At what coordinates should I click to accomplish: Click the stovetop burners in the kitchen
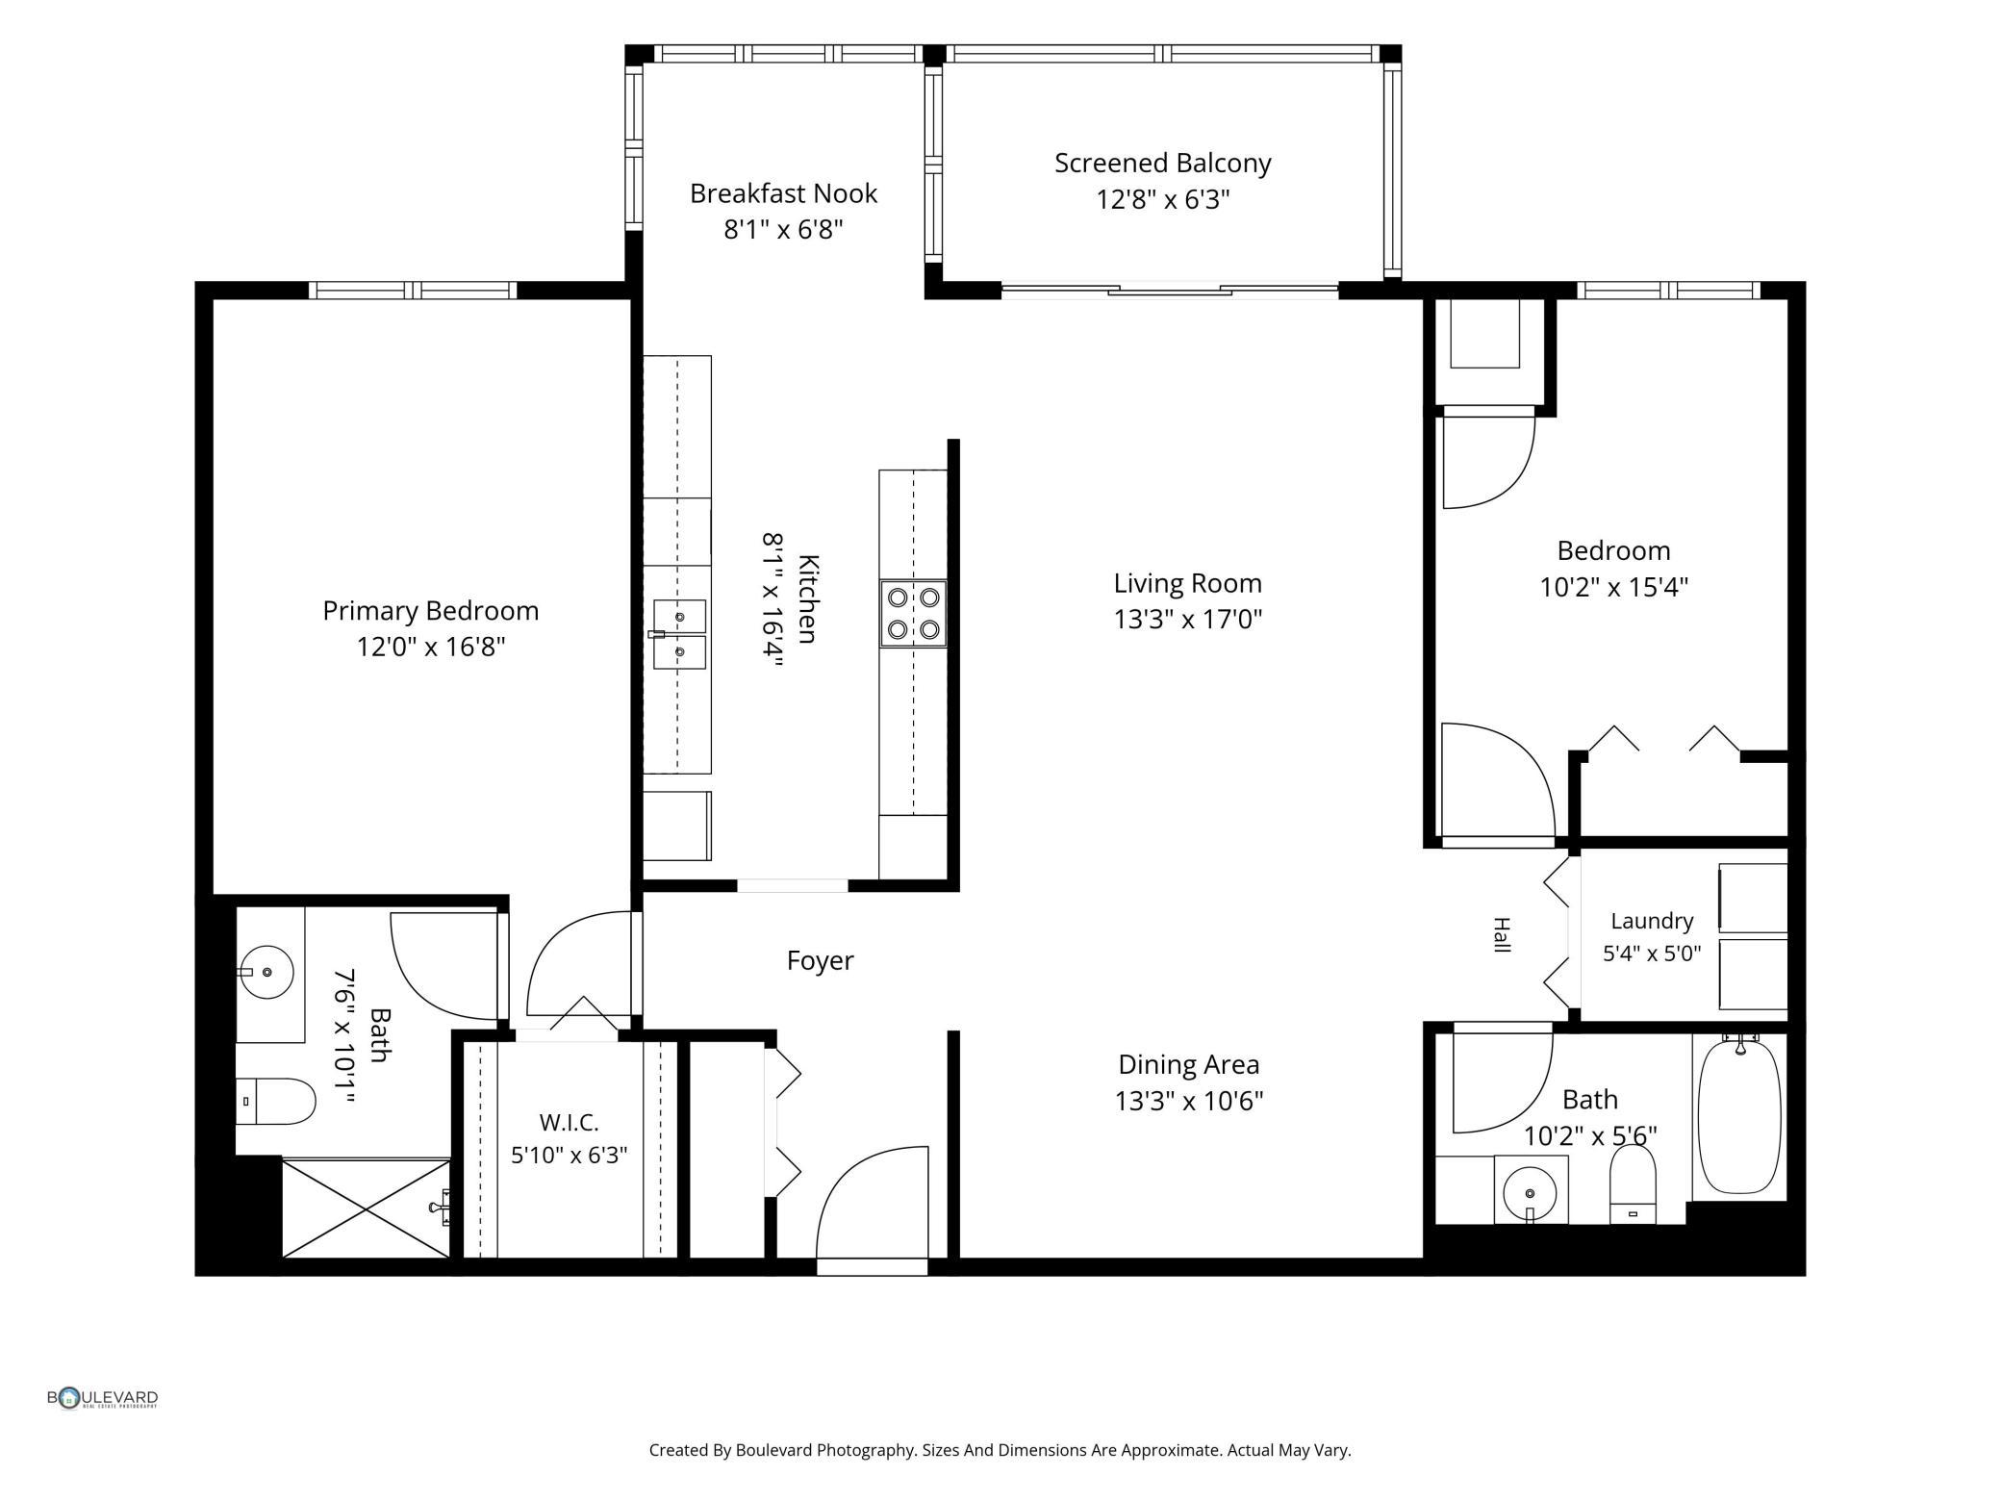tap(913, 613)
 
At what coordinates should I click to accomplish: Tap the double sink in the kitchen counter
tap(679, 634)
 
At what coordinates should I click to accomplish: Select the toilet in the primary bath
tap(276, 1101)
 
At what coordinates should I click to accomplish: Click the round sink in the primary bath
tap(266, 972)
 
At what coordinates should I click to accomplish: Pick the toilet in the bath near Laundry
tap(1633, 1184)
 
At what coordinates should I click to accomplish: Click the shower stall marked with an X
tap(367, 1208)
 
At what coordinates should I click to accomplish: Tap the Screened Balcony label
tap(1162, 164)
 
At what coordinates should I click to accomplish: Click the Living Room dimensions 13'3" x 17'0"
tap(1188, 619)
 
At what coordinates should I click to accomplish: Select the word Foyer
tap(821, 960)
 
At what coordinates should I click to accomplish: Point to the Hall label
tap(1501, 935)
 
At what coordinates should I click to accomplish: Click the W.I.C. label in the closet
tap(569, 1122)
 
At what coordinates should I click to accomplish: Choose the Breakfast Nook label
tap(783, 193)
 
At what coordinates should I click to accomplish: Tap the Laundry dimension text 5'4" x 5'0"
tap(1652, 954)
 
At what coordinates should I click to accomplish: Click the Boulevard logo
tap(102, 1398)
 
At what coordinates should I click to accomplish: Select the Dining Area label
tap(1188, 1064)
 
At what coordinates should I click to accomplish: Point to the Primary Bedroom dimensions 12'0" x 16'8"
tap(431, 647)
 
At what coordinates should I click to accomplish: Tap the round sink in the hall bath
tap(1530, 1192)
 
